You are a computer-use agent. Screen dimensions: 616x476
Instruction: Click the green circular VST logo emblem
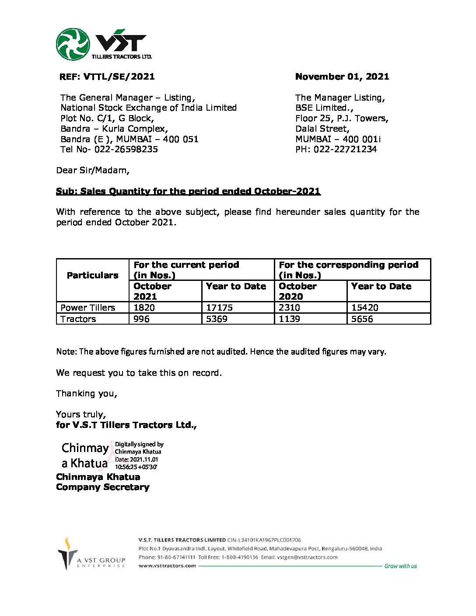(73, 44)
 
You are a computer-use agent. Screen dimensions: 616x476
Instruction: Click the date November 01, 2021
(342, 77)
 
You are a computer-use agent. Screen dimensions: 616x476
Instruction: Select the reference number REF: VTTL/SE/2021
(107, 77)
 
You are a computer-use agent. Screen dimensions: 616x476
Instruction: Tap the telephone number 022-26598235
(126, 149)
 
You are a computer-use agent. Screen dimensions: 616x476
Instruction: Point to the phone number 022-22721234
(345, 149)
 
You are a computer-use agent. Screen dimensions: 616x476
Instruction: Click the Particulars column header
(92, 275)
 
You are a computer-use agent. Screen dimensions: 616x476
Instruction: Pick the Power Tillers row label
(87, 308)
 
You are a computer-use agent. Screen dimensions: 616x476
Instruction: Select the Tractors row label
(78, 319)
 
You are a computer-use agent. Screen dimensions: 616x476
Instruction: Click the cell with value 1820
(144, 308)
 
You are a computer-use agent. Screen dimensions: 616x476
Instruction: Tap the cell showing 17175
(219, 308)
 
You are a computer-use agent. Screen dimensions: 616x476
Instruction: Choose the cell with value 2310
(289, 308)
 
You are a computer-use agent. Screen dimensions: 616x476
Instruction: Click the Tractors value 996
(141, 319)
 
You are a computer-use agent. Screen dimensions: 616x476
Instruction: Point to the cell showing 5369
(217, 319)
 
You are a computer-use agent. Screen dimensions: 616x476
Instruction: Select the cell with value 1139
(289, 319)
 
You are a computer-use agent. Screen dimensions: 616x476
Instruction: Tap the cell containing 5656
(362, 319)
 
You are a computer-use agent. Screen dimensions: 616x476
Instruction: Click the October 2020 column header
(297, 291)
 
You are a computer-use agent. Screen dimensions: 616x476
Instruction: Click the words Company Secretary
(102, 487)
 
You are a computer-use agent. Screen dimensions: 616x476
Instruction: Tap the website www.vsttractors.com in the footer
(167, 566)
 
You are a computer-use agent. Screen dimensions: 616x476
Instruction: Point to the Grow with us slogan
(400, 566)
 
